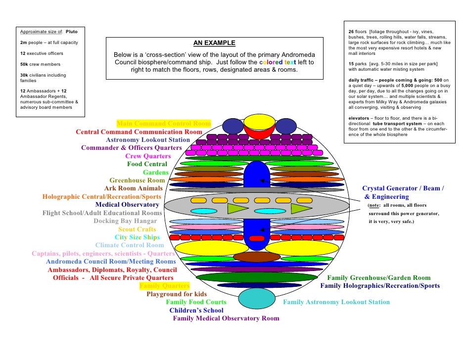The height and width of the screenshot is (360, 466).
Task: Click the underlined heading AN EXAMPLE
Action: point(214,44)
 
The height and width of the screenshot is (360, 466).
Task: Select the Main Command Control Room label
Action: point(163,123)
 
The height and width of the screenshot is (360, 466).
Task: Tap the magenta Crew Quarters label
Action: point(148,156)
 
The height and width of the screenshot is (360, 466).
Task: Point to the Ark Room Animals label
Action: point(134,188)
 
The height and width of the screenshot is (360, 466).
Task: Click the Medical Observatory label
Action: point(127,204)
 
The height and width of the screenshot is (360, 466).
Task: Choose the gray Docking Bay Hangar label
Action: point(125,221)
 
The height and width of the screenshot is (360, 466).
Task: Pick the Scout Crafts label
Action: point(137,229)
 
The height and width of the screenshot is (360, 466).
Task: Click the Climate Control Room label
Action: point(130,245)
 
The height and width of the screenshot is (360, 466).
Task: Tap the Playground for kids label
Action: point(177,294)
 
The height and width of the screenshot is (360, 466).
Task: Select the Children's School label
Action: point(196,310)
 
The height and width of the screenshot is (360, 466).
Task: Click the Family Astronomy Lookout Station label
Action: point(336,302)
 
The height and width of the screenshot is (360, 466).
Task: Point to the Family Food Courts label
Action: point(196,302)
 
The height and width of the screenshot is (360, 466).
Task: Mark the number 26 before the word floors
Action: point(351,32)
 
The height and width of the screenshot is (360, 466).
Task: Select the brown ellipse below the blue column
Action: point(257,257)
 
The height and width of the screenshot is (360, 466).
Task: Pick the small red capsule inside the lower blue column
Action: point(256,238)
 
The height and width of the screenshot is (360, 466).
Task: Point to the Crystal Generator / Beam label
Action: point(403,188)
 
